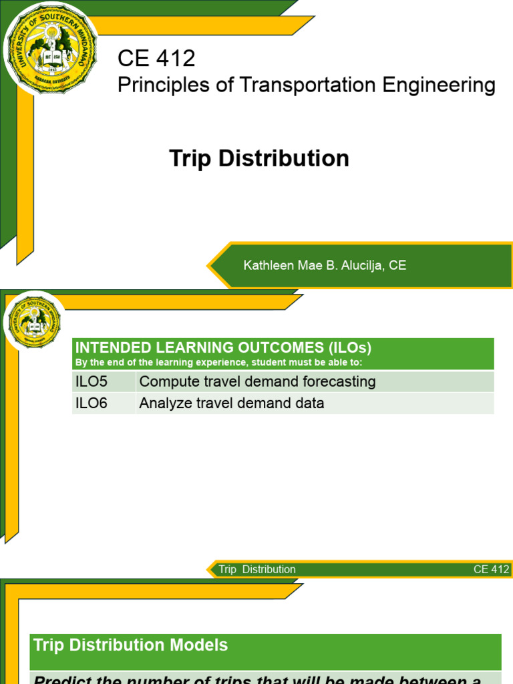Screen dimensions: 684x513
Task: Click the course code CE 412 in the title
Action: [x=156, y=59]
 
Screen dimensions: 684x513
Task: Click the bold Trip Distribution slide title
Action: [x=259, y=159]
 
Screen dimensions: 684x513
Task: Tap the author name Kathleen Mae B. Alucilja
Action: [x=314, y=266]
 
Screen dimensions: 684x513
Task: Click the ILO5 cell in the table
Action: [x=92, y=382]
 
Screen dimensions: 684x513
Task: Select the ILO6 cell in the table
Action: [x=92, y=403]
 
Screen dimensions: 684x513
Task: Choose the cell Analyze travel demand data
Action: [x=232, y=403]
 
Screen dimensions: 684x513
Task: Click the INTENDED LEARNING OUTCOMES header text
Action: [x=223, y=347]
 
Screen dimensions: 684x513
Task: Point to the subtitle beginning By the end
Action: [x=218, y=362]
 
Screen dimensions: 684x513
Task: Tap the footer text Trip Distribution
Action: [x=257, y=570]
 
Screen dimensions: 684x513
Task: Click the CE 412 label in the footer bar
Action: [x=491, y=570]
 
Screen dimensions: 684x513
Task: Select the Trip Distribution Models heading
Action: [x=131, y=645]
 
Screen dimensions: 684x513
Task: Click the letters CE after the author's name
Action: [x=397, y=266]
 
